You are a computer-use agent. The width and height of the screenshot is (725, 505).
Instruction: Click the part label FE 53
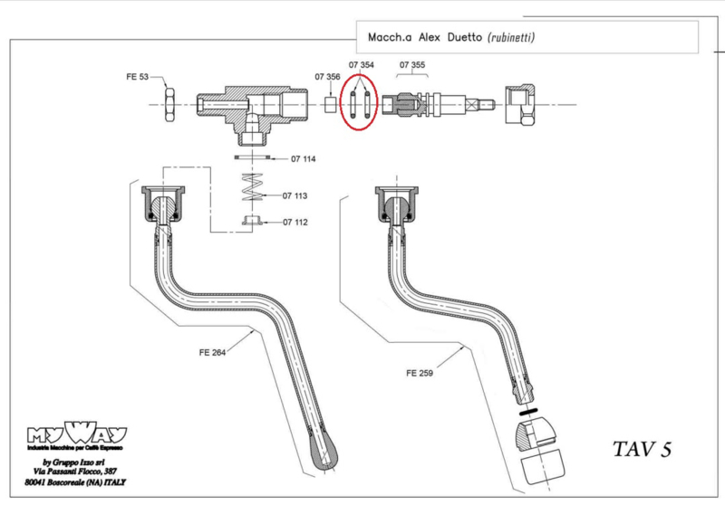coord(138,79)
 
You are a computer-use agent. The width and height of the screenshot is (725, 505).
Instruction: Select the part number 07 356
coord(327,78)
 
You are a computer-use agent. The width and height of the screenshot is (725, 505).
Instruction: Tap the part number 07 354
coord(362,66)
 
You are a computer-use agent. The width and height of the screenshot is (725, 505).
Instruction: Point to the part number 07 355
coord(412,66)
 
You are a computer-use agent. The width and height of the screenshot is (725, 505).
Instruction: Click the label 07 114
coord(303,160)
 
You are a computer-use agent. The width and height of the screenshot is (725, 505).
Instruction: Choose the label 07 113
coord(295,195)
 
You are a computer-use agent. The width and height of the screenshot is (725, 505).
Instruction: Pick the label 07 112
coord(295,222)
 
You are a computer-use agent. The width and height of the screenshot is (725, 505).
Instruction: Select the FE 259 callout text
coord(421,372)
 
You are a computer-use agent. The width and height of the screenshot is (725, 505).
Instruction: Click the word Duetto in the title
coord(460,38)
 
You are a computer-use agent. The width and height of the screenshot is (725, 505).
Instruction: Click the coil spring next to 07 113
coord(255,191)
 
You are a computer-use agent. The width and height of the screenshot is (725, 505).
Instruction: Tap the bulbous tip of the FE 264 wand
coord(329,453)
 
